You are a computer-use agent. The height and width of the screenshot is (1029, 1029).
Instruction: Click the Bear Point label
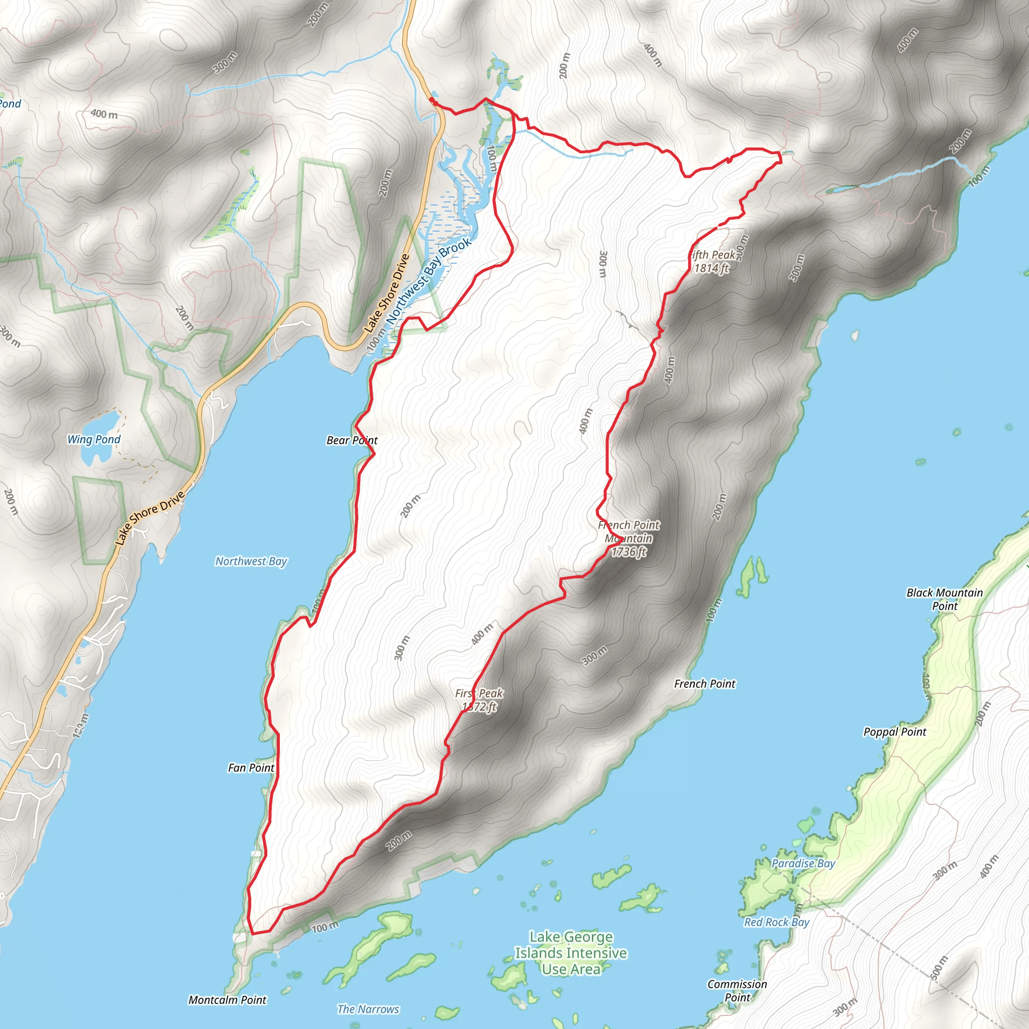[352, 441]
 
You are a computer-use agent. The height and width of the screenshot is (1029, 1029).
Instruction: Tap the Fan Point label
[251, 768]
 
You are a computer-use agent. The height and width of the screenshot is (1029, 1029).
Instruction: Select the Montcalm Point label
[228, 1000]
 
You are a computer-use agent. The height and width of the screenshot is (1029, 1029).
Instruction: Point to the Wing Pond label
[94, 440]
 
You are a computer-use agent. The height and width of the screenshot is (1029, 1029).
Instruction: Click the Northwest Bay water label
[251, 561]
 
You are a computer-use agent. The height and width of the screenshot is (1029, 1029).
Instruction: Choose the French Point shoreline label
[704, 683]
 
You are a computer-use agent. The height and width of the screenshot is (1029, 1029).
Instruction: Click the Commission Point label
[737, 990]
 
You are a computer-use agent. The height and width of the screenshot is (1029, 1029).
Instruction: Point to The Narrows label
[368, 1009]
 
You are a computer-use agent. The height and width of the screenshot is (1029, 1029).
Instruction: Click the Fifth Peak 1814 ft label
[711, 261]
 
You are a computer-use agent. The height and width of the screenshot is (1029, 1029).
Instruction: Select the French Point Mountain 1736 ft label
[629, 538]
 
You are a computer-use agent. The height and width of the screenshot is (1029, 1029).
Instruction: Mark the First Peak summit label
[479, 700]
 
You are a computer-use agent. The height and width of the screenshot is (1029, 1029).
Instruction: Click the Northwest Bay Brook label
[429, 281]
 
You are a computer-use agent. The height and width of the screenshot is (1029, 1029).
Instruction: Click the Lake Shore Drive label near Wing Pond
[150, 517]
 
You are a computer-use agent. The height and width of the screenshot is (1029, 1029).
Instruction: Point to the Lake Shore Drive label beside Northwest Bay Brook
[387, 293]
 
